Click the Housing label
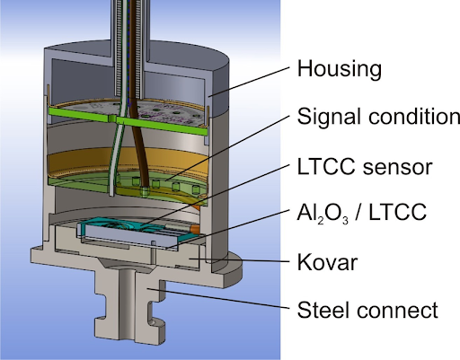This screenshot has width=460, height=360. tap(340, 69)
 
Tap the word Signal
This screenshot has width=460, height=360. tap(329, 117)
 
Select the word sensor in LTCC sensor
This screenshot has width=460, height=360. tap(397, 167)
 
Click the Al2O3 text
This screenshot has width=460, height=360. tap(323, 213)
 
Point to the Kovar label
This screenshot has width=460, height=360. tap(327, 262)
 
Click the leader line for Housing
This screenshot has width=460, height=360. tap(249, 82)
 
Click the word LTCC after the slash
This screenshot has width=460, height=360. tap(397, 212)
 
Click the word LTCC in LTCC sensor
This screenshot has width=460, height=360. tap(326, 167)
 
